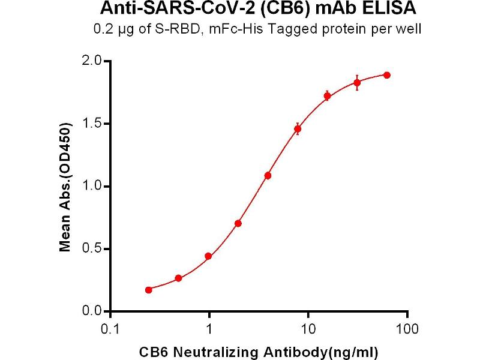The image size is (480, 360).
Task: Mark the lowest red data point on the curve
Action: point(149,290)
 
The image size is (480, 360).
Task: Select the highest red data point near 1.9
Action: point(387,75)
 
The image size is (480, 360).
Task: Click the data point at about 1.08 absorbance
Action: point(268,175)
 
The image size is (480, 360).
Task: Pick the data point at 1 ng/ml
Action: point(208,256)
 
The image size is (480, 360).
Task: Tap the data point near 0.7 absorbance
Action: point(238,223)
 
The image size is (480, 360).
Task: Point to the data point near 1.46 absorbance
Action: point(298,129)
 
